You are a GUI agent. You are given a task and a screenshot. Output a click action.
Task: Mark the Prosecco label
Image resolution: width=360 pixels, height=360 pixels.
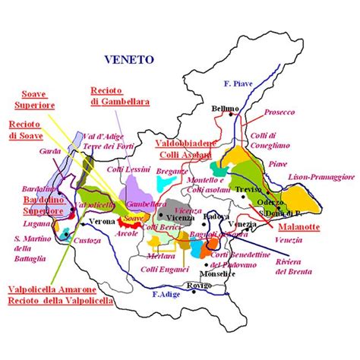point(279,112)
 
